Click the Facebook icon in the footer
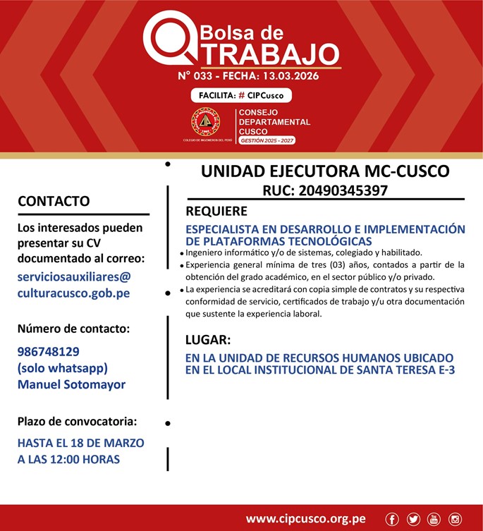pyautogui.click(x=392, y=519)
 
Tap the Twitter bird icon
pyautogui.click(x=413, y=519)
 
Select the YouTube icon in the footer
pyautogui.click(x=434, y=519)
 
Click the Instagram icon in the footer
pyautogui.click(x=455, y=519)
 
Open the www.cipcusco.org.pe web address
pyautogui.click(x=305, y=519)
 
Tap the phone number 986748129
pyautogui.click(x=48, y=351)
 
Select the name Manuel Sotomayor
pyautogui.click(x=71, y=384)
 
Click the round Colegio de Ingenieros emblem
pyautogui.click(x=206, y=123)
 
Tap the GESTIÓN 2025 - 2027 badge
pyautogui.click(x=267, y=141)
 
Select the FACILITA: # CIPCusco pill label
pyautogui.click(x=241, y=95)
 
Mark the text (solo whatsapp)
pyautogui.click(x=63, y=368)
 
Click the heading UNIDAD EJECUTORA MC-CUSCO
pyautogui.click(x=325, y=171)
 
